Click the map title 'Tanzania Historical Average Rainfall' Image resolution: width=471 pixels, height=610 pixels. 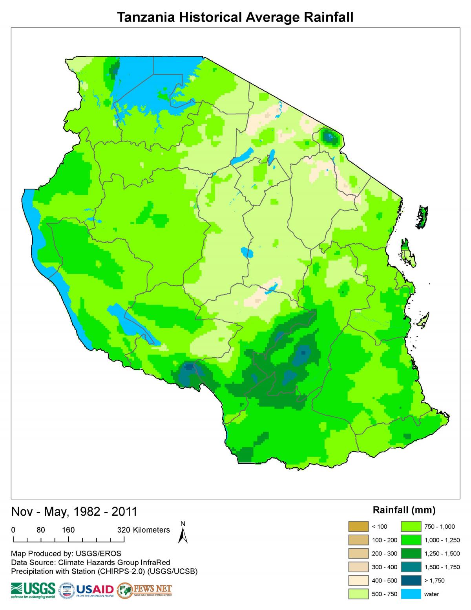[x=235, y=17]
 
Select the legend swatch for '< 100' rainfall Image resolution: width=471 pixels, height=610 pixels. [x=358, y=526]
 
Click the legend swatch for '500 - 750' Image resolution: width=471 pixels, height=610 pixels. [x=358, y=594]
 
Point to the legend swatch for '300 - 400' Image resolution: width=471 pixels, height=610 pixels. [x=358, y=567]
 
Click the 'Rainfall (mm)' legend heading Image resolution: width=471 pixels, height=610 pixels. [x=404, y=510]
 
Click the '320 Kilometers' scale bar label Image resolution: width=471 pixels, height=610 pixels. [x=144, y=530]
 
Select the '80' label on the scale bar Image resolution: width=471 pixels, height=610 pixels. [x=41, y=530]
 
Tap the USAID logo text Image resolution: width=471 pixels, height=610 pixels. [x=95, y=590]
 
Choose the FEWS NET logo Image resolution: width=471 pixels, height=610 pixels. [x=145, y=590]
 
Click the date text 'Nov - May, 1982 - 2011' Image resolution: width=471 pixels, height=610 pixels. [x=74, y=511]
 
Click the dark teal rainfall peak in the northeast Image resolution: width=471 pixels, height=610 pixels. [x=329, y=137]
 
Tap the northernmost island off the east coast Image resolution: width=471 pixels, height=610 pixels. [x=422, y=217]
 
